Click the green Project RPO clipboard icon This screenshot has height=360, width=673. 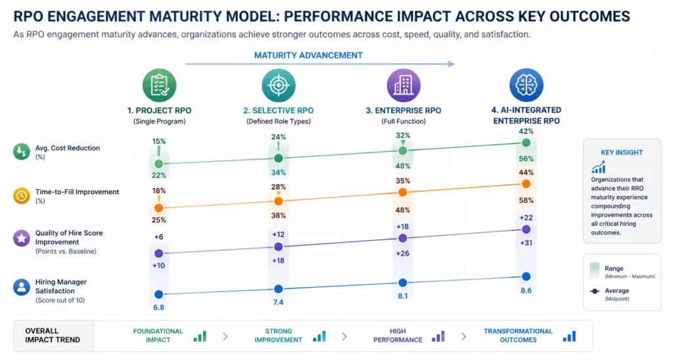pyautogui.click(x=159, y=85)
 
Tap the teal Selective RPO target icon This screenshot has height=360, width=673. pyautogui.click(x=278, y=85)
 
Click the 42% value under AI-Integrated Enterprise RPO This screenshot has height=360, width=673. pyautogui.click(x=526, y=131)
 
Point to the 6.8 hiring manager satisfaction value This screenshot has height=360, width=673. pyautogui.click(x=158, y=307)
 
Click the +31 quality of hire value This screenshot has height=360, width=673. pyautogui.click(x=526, y=243)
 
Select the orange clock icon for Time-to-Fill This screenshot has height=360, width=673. pyautogui.click(x=21, y=195)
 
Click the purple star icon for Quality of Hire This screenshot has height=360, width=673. pyautogui.click(x=21, y=238)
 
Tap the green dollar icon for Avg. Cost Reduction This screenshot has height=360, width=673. pyautogui.click(x=21, y=152)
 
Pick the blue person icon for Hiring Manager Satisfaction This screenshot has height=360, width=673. pyautogui.click(x=21, y=286)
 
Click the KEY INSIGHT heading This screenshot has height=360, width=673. pyautogui.click(x=621, y=152)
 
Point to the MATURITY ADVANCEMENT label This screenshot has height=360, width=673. pyautogui.click(x=308, y=56)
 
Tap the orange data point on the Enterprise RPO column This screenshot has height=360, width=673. pyautogui.click(x=403, y=192)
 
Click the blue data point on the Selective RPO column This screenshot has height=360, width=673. pyautogui.click(x=278, y=288)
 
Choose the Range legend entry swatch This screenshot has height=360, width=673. pyautogui.click(x=594, y=269)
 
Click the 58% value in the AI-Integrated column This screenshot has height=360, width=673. pyautogui.click(x=526, y=200)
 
